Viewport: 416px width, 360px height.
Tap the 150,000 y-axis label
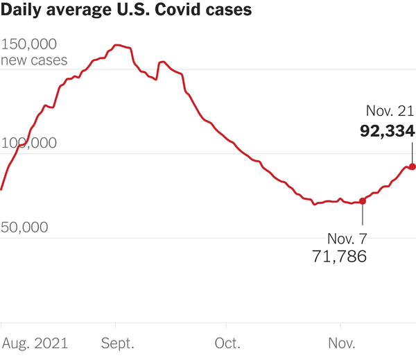tap(33, 44)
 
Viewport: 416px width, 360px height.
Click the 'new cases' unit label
tap(34, 60)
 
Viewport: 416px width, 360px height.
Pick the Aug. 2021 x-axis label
tap(35, 343)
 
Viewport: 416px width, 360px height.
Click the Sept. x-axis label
tap(117, 343)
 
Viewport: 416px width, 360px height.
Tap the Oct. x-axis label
tap(227, 343)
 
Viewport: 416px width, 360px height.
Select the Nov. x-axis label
tap(340, 343)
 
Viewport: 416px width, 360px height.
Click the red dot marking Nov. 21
tap(413, 166)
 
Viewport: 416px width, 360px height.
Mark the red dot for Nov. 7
tap(362, 200)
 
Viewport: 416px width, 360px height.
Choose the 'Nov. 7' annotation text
tap(347, 239)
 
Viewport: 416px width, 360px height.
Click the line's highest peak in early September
tap(119, 45)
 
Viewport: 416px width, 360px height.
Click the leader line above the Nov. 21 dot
tap(413, 153)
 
